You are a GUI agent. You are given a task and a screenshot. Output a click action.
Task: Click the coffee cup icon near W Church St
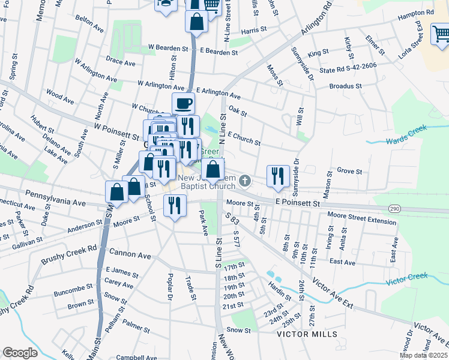(x=183, y=104)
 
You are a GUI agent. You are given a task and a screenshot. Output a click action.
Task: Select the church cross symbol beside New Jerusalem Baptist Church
(x=244, y=180)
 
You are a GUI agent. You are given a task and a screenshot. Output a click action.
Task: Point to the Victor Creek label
(x=406, y=278)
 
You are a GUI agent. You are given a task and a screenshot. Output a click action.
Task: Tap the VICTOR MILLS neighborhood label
(x=307, y=334)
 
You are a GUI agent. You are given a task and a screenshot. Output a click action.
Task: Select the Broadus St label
(x=345, y=86)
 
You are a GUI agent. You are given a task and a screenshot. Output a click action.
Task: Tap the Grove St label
(x=348, y=171)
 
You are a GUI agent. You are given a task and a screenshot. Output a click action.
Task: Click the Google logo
(x=20, y=353)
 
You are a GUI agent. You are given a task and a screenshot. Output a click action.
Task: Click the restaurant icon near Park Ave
(x=175, y=206)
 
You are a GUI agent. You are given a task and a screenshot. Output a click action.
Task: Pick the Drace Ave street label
(x=121, y=62)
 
